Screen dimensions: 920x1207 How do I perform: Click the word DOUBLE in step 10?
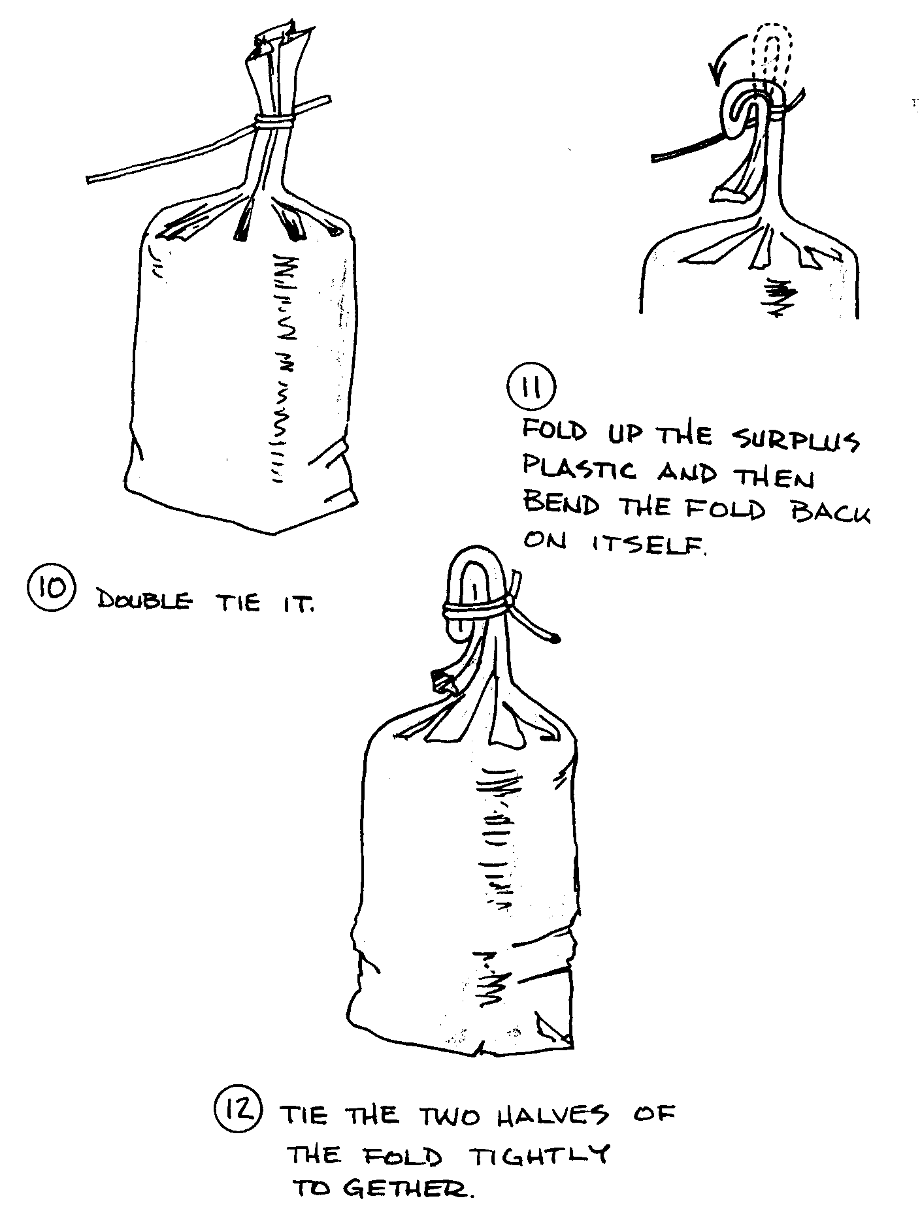144,601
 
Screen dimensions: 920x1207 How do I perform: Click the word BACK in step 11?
831,509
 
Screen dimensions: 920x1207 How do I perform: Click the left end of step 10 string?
90,178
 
